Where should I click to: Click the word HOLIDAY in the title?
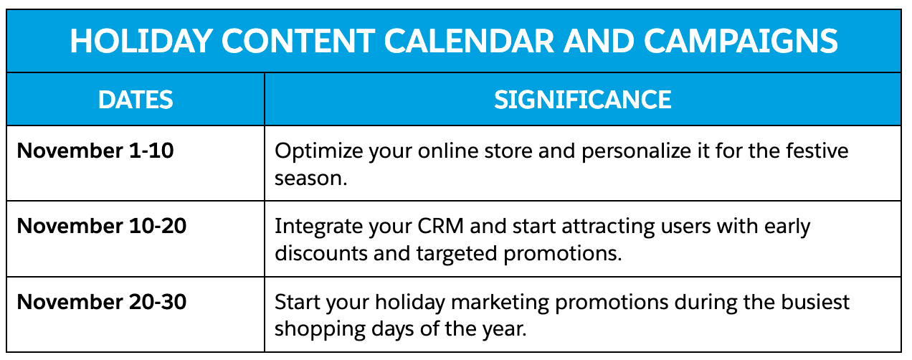141,41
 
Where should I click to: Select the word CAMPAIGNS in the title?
741,41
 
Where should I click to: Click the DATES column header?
136,100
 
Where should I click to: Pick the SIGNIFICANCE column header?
583,100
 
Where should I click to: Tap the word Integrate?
318,227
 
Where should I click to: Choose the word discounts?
320,253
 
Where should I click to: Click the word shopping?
320,330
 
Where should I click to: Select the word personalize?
636,151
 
